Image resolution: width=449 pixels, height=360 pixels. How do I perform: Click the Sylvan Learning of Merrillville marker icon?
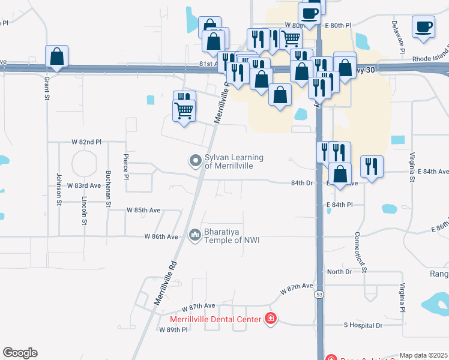click(194, 161)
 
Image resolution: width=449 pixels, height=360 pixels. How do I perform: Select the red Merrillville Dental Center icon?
click(271, 319)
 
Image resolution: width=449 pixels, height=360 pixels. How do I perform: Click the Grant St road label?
click(46, 89)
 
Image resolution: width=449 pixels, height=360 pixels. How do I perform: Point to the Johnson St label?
click(59, 190)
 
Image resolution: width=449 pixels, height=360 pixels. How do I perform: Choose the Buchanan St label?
click(109, 188)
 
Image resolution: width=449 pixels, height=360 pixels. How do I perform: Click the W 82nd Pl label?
click(86, 142)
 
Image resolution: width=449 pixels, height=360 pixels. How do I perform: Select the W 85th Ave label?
click(143, 211)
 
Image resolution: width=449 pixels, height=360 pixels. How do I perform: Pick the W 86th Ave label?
click(161, 237)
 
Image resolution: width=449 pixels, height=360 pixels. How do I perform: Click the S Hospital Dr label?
click(363, 325)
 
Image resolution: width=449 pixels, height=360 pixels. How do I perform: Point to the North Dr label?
click(339, 272)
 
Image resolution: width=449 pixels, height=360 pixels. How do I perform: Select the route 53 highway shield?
click(319, 296)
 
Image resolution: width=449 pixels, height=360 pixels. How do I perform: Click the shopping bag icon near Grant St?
click(56, 57)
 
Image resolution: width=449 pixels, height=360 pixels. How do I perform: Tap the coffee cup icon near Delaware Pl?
click(423, 27)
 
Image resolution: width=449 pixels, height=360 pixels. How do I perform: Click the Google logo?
click(20, 353)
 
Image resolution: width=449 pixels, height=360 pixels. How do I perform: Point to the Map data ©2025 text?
click(423, 356)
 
